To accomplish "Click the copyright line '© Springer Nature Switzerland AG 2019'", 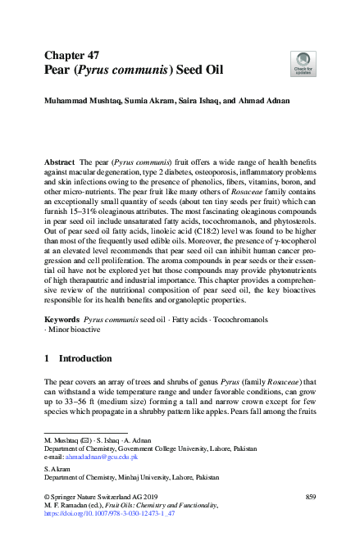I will [x=103, y=497].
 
